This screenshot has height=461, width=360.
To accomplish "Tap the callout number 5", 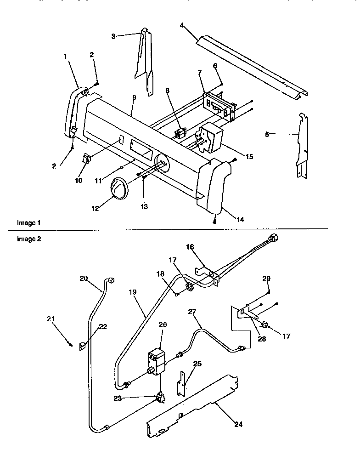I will [267, 134].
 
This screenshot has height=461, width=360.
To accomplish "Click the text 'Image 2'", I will [26, 239].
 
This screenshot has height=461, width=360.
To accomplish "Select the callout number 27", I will [191, 311].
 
